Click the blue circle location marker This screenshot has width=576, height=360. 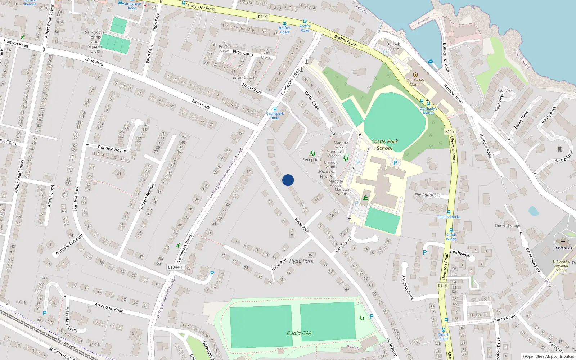point(288,180)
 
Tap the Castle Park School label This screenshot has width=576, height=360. point(384,145)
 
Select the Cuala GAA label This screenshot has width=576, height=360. point(299,333)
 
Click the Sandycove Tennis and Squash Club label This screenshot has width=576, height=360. point(95,42)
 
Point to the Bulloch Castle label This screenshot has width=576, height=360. point(393,46)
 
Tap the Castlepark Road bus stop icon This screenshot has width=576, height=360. point(275,109)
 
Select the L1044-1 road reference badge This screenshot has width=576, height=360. point(175,267)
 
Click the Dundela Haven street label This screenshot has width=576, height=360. point(112,149)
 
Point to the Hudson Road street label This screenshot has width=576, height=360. point(16,44)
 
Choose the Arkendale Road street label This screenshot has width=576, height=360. point(109,307)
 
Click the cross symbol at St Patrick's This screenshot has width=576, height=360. point(563,242)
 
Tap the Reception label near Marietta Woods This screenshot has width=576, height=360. point(311,160)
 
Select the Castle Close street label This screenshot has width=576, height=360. point(312,100)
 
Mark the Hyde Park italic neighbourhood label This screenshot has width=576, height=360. point(301,261)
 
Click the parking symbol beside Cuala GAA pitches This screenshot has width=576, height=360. point(372,316)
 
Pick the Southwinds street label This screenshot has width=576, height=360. point(460,254)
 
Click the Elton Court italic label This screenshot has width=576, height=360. point(244,77)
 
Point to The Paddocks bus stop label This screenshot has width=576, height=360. point(449,217)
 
